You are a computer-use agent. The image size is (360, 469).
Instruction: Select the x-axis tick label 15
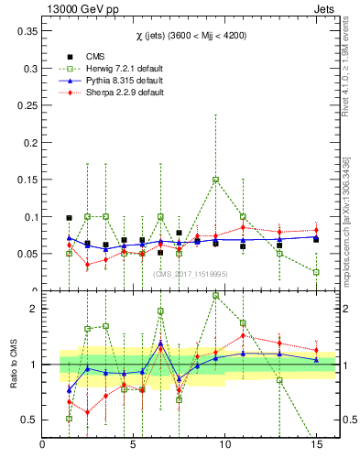click(x=316, y=445)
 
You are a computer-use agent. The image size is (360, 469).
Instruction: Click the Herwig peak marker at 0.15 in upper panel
click(x=215, y=180)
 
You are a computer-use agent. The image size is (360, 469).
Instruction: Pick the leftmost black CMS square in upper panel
click(x=69, y=218)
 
